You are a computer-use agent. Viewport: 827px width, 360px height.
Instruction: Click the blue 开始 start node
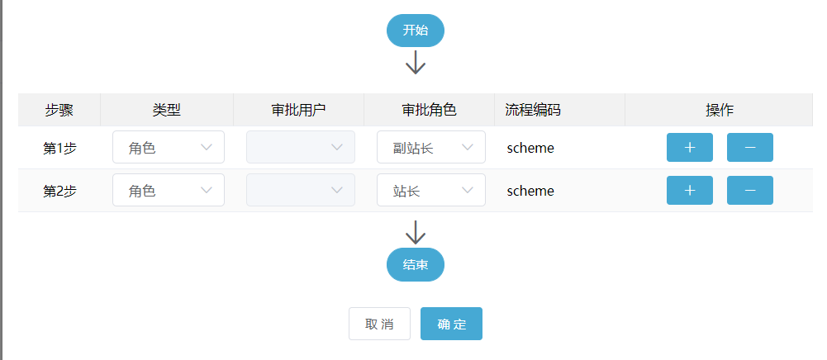(x=415, y=31)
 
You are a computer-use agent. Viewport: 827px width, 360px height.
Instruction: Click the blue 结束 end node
(x=415, y=265)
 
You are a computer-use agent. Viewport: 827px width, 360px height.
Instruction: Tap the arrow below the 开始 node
(x=416, y=63)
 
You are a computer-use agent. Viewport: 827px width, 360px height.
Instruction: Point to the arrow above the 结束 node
(x=416, y=232)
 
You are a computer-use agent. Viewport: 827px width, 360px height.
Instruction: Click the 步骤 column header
(x=59, y=110)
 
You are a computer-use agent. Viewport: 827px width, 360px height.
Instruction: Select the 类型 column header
(x=166, y=110)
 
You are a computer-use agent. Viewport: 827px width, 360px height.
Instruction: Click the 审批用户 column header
(x=298, y=110)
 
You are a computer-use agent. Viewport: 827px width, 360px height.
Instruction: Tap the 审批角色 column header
(x=429, y=110)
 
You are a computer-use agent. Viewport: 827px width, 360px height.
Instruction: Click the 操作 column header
(x=719, y=110)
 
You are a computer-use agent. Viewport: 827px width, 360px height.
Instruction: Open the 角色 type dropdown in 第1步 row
(x=169, y=148)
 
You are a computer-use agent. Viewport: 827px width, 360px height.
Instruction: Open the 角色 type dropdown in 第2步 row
(x=169, y=191)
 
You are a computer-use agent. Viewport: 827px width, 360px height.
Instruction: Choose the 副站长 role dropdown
(x=431, y=148)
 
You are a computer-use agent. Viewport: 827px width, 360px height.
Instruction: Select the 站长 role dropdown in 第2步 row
(x=431, y=191)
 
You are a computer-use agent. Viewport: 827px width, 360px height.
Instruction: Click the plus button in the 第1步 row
(x=689, y=148)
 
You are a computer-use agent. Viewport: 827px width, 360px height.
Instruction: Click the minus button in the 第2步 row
(x=749, y=191)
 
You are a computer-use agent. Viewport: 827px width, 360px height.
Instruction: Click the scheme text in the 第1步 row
(x=530, y=149)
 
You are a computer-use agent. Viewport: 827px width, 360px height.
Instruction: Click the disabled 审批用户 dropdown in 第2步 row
(x=301, y=191)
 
